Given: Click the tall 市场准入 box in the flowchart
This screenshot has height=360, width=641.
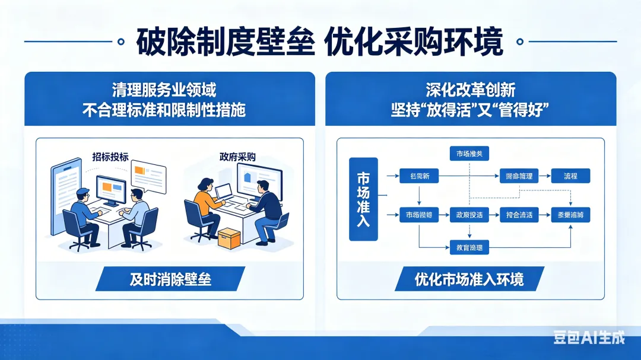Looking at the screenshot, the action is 363,199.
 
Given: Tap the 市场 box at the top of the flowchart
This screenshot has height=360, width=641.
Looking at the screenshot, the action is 469,154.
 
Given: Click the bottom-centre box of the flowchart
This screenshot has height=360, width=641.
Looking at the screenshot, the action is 469,247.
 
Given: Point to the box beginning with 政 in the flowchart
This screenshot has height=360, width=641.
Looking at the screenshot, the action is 469,215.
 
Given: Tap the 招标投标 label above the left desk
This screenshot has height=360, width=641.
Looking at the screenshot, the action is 110,157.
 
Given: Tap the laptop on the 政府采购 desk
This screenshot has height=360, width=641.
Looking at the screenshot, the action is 224,192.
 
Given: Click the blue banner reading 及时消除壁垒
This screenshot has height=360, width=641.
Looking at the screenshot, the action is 170,279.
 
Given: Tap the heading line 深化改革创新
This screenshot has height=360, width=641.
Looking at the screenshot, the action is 470,90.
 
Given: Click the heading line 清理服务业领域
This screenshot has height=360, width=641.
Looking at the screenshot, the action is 164,90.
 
